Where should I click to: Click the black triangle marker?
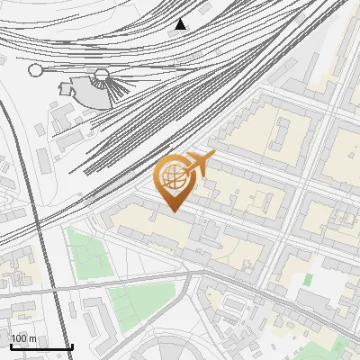[x=181, y=23]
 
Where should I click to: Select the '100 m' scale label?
[x=24, y=338]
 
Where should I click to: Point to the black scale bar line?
[x=41, y=346]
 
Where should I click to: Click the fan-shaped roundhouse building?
[x=88, y=88]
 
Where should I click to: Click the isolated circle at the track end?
[x=36, y=69]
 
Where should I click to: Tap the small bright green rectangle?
[x=307, y=280]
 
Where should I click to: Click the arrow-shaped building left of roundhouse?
[x=66, y=87]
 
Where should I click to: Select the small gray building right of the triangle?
[x=205, y=8]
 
